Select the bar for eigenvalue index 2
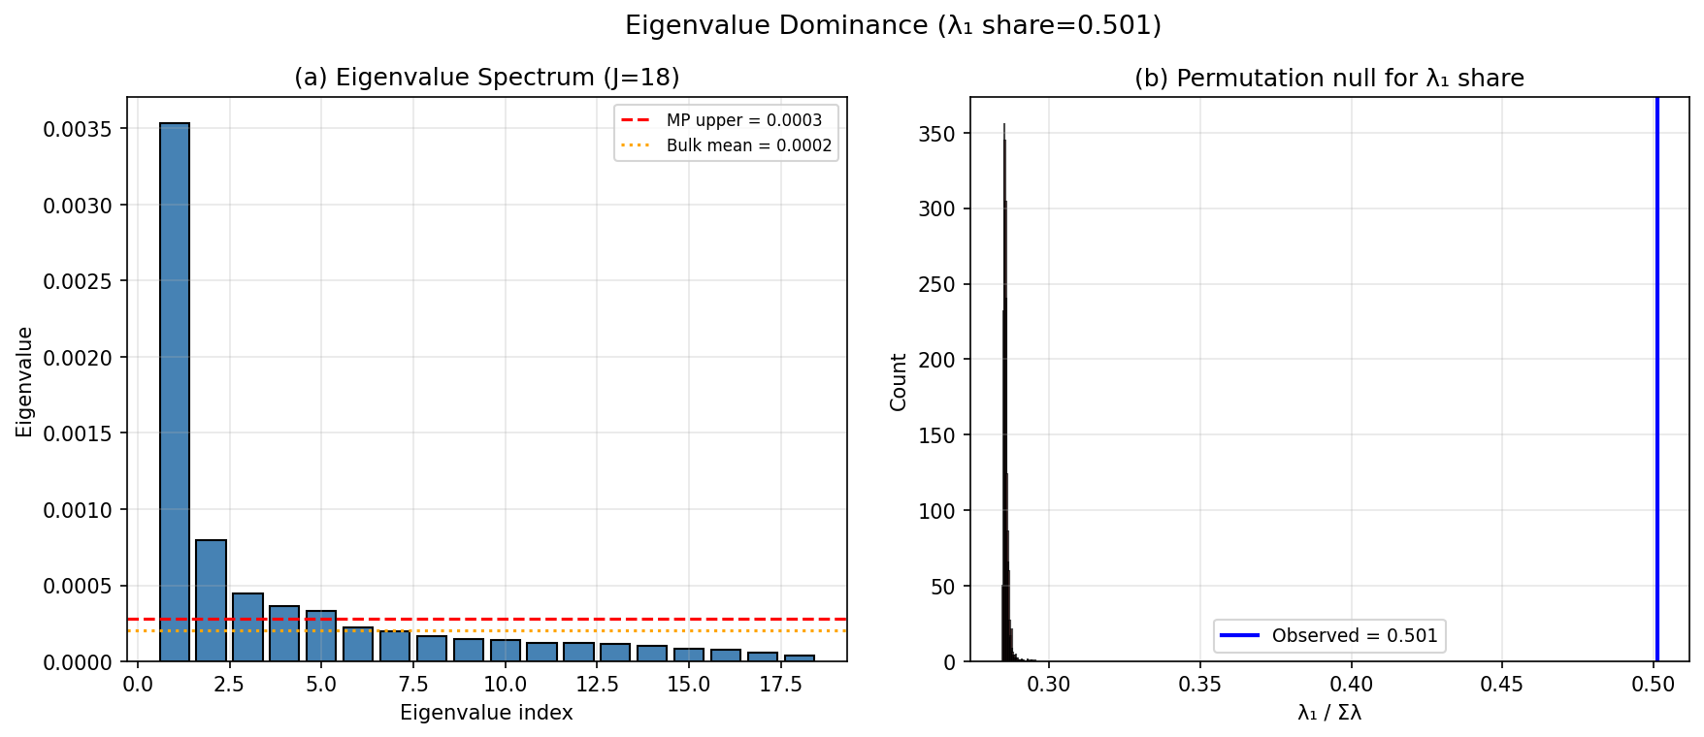[211, 601]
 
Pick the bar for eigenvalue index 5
[321, 637]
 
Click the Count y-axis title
[899, 381]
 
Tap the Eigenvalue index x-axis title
[486, 713]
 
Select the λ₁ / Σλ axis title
[1329, 713]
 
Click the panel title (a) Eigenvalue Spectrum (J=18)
[486, 78]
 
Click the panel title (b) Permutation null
[1329, 78]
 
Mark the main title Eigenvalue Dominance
[893, 25]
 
